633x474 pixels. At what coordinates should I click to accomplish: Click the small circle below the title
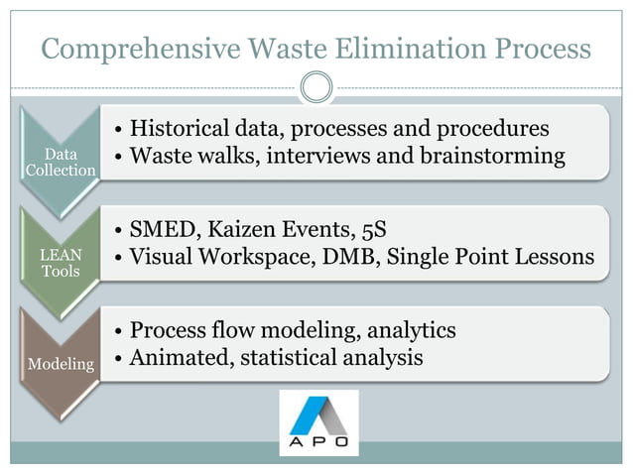pyautogui.click(x=316, y=87)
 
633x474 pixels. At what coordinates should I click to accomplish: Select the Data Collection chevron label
pyautogui.click(x=62, y=163)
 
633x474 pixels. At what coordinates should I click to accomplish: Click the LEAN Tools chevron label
pyautogui.click(x=62, y=263)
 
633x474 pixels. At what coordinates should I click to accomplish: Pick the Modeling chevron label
pyautogui.click(x=62, y=364)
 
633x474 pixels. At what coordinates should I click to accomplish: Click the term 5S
pyautogui.click(x=368, y=231)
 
